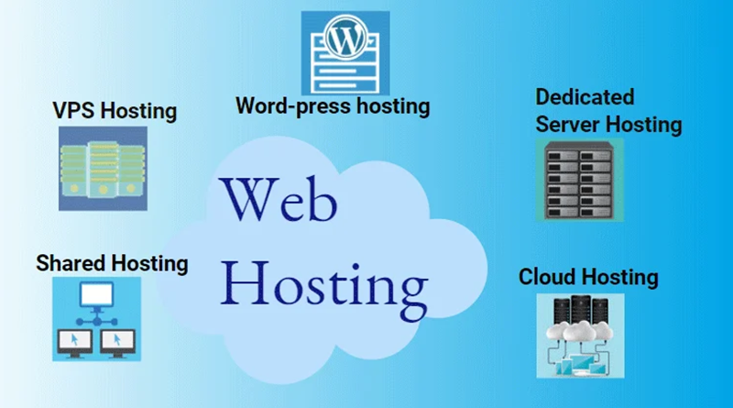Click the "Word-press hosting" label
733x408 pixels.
pos(333,105)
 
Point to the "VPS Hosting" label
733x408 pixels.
pos(115,112)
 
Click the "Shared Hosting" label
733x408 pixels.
pos(112,264)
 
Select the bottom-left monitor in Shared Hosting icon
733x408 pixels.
pos(71,341)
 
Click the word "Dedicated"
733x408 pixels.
pos(585,96)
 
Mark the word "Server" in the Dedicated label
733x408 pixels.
pos(566,123)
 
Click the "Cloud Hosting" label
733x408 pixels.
pos(588,277)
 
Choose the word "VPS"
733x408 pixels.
pos(74,112)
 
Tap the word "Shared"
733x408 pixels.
pos(71,264)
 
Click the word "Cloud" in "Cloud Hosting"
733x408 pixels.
pos(546,277)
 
